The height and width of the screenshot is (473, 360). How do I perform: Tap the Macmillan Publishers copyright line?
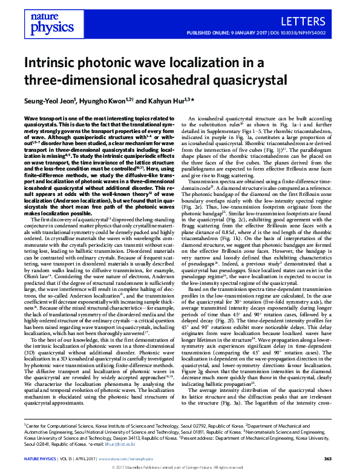pos(180,468)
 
